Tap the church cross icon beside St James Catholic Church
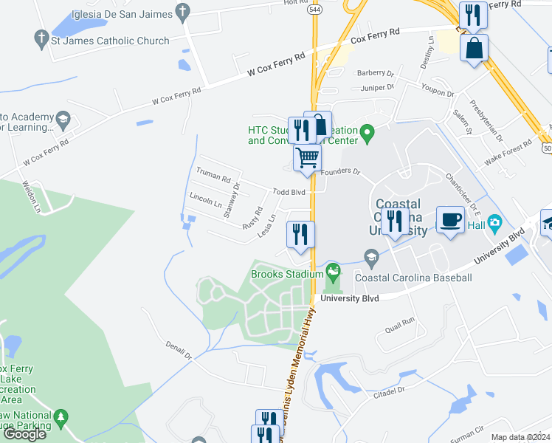(x=41, y=37)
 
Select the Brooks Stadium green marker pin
(x=334, y=271)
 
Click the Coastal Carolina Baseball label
(x=413, y=278)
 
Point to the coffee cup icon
(x=450, y=219)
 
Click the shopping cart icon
(x=307, y=157)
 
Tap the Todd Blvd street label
(x=289, y=192)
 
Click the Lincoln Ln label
(x=206, y=199)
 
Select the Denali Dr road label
(x=179, y=351)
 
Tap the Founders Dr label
(x=345, y=172)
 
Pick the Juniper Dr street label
(x=376, y=87)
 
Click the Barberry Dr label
(x=376, y=73)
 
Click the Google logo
(x=24, y=434)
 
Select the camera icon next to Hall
(x=494, y=221)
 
